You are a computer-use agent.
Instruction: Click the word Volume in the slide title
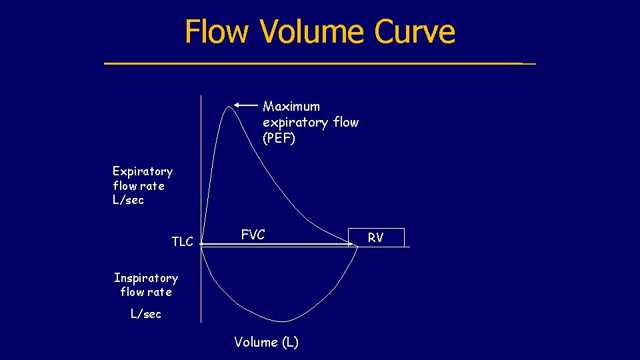[313, 31]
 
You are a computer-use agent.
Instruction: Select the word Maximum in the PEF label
[291, 107]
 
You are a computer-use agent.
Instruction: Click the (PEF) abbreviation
[279, 139]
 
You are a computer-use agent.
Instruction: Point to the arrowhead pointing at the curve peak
[236, 105]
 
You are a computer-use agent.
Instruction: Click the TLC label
[182, 242]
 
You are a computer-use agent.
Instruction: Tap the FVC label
[253, 235]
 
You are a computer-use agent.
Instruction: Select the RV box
[376, 237]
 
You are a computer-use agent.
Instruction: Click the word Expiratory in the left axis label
[143, 172]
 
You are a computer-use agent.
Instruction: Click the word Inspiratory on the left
[146, 278]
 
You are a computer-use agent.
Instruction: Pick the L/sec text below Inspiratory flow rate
[146, 314]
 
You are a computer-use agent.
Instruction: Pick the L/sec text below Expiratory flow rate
[128, 200]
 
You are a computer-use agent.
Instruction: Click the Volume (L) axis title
[266, 343]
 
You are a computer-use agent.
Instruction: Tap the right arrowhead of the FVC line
[353, 245]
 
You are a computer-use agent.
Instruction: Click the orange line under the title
[319, 63]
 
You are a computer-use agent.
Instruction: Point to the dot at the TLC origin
[201, 245]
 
